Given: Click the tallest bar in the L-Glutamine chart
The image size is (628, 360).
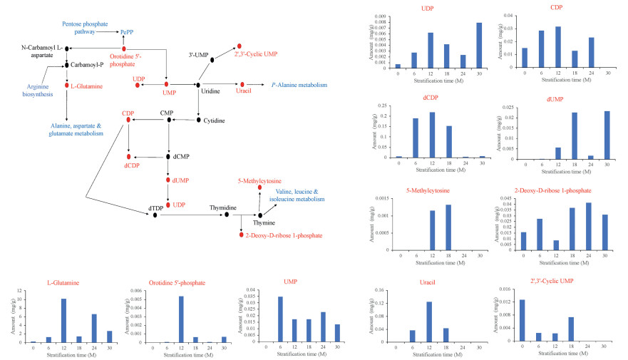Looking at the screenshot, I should click(63, 321).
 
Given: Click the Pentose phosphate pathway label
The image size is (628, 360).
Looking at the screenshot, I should click(83, 28).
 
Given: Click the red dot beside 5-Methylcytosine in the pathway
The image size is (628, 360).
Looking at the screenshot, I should click(259, 187).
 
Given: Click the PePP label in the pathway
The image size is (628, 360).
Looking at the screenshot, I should click(128, 31).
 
